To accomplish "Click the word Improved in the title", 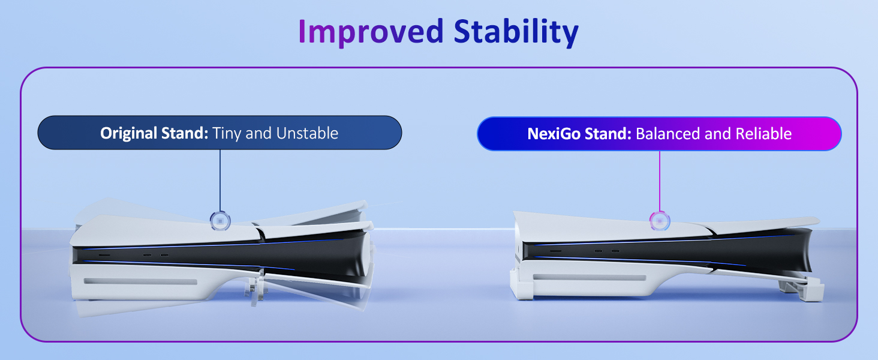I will pos(371,32).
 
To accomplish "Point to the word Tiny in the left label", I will pos(227,133).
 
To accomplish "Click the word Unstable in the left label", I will pos(306,133).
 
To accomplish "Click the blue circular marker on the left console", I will pos(220,221).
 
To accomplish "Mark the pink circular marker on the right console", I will pos(660,220).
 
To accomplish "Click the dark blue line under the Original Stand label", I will pos(220,180).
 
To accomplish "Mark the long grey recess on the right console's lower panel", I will pos(589,277).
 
